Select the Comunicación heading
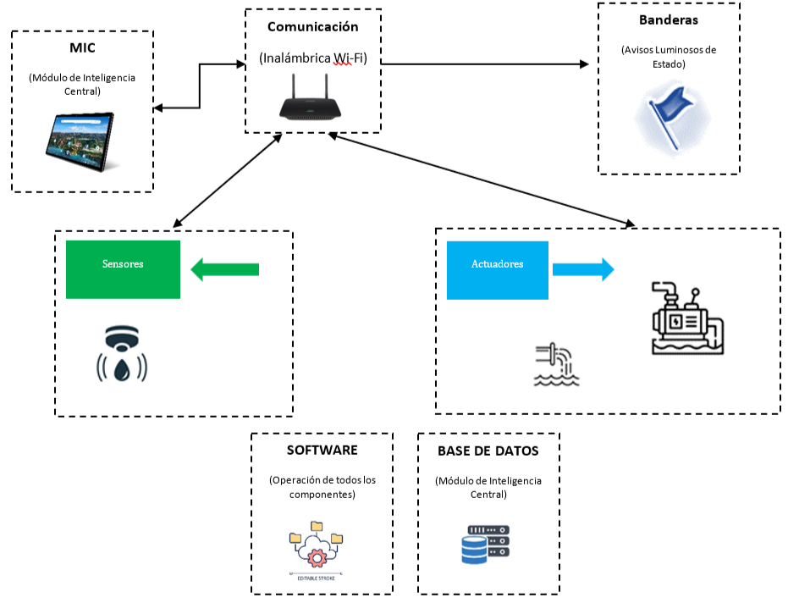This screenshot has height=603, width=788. pyautogui.click(x=312, y=26)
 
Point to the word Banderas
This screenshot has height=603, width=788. pyautogui.click(x=668, y=19)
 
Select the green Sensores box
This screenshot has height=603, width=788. pyautogui.click(x=124, y=269)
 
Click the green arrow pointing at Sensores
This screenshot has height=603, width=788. pyautogui.click(x=224, y=270)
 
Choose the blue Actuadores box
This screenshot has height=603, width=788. pyautogui.click(x=497, y=269)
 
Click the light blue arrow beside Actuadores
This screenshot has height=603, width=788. pyautogui.click(x=583, y=270)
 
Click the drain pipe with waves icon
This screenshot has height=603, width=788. pyautogui.click(x=556, y=364)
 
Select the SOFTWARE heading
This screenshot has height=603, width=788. pyautogui.click(x=322, y=450)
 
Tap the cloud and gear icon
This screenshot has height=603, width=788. pyautogui.click(x=316, y=546)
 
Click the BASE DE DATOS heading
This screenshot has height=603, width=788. pyautogui.click(x=488, y=451)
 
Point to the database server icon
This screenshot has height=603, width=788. pyautogui.click(x=486, y=544)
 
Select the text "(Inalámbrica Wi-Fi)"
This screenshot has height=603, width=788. pyautogui.click(x=312, y=58)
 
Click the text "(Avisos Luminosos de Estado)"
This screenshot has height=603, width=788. pyautogui.click(x=668, y=57)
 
